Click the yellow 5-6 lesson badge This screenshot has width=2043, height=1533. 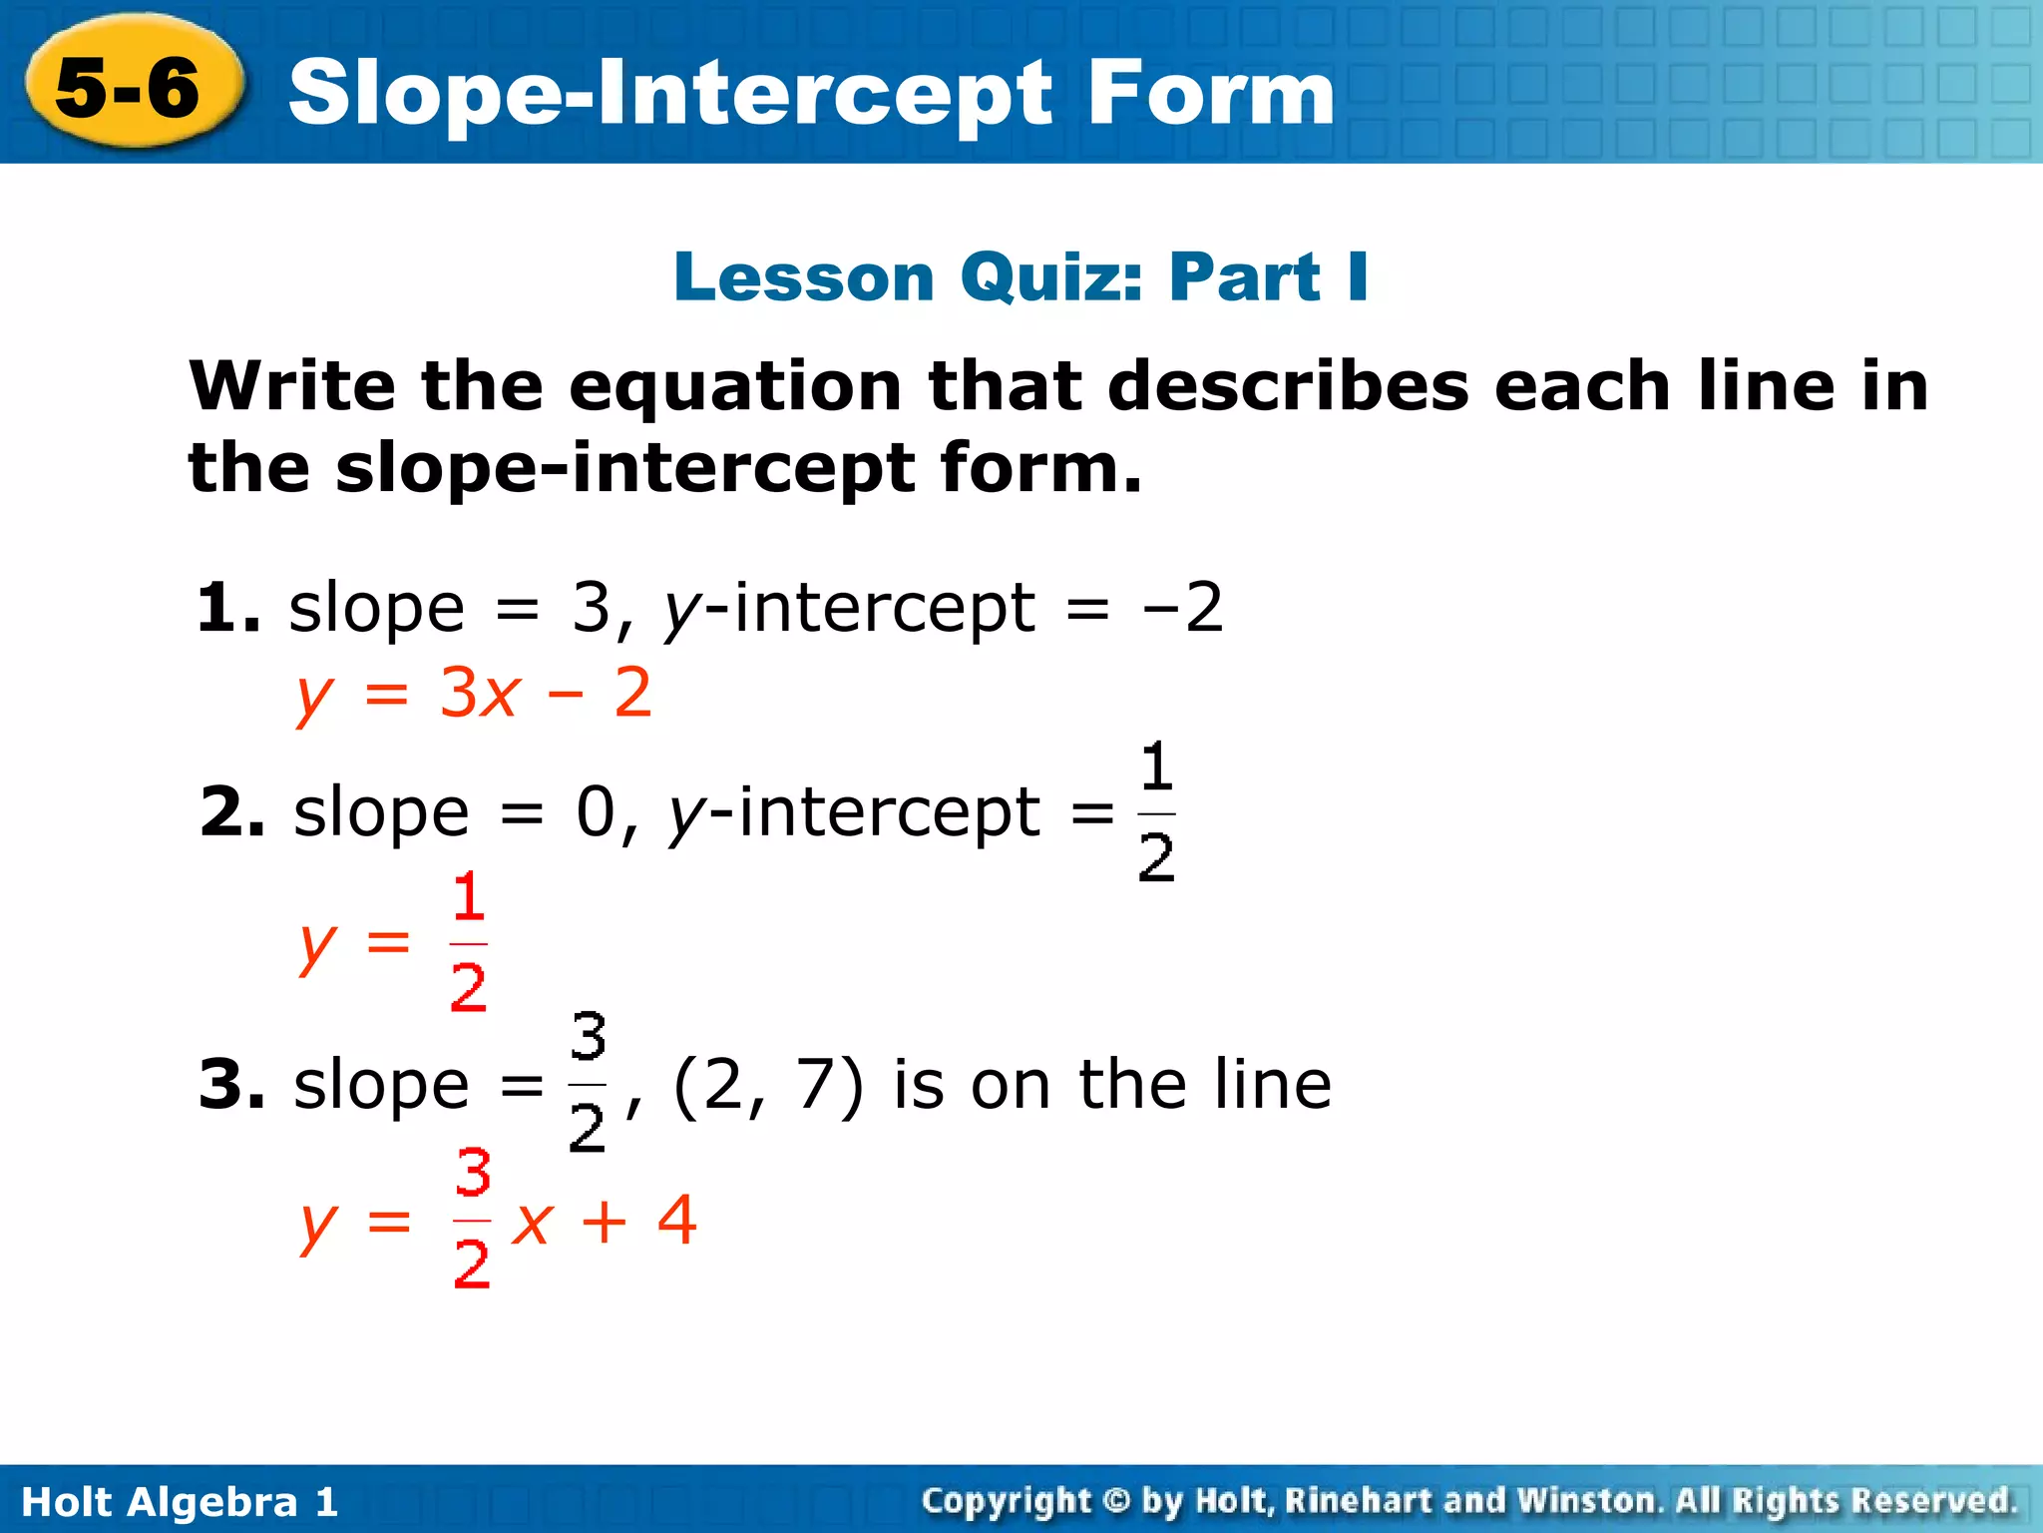point(130,88)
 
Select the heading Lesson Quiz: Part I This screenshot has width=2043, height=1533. point(1021,276)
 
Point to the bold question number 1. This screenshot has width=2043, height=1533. point(227,609)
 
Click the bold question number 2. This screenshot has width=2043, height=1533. point(231,812)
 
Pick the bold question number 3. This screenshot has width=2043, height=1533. point(231,1085)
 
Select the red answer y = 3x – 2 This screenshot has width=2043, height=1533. point(475,694)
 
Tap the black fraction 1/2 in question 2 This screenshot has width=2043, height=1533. point(1156,812)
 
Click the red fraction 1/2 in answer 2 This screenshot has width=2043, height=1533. point(468,942)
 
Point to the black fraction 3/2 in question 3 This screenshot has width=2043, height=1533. point(588,1083)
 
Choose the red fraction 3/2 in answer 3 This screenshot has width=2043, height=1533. point(472,1219)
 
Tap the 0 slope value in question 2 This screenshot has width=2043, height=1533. point(596,812)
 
